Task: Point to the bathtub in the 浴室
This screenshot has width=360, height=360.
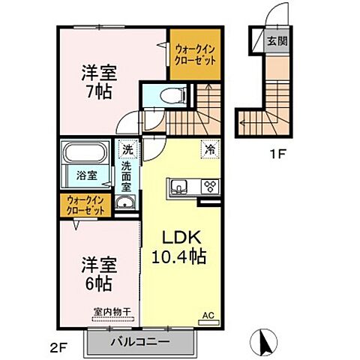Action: tap(84, 156)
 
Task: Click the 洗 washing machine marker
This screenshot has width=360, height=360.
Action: tap(127, 150)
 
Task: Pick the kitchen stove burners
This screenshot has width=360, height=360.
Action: tap(210, 187)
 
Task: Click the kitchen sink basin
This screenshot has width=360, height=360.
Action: tap(180, 187)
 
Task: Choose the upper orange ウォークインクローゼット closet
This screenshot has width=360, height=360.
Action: tap(194, 54)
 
